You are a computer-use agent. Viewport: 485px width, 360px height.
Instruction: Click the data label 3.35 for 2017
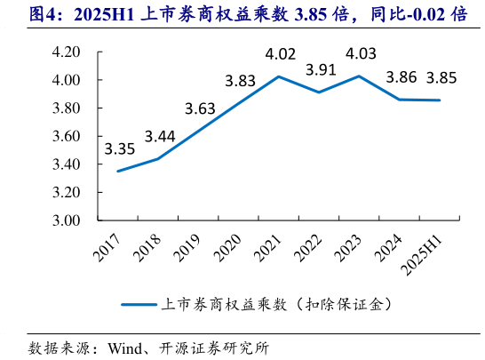(x=119, y=148)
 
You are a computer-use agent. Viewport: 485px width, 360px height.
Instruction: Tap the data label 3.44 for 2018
(x=160, y=136)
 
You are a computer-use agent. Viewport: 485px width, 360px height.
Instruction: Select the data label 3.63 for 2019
(x=200, y=110)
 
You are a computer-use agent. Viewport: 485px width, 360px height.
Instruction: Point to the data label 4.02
(x=280, y=54)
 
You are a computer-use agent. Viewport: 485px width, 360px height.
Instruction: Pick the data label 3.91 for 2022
(x=320, y=69)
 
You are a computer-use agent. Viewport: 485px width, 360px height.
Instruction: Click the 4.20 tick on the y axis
(x=67, y=52)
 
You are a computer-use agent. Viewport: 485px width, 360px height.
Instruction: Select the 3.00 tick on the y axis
(x=67, y=220)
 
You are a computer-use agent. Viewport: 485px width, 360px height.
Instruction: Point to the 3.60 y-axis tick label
(x=67, y=137)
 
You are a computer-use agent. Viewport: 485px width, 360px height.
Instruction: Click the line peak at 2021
(x=279, y=76)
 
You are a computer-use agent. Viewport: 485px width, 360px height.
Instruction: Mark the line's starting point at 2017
(x=118, y=171)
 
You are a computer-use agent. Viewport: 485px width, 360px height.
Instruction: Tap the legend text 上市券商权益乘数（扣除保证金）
(x=278, y=304)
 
